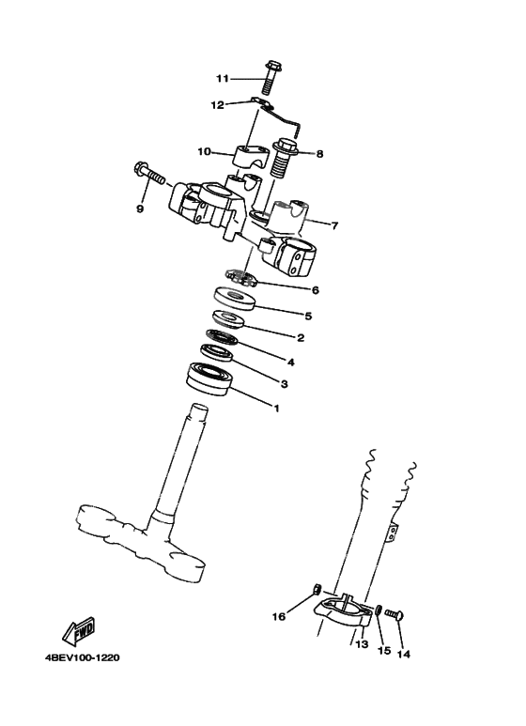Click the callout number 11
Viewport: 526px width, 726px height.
[x=222, y=78]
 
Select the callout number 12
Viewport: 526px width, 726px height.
[x=217, y=105]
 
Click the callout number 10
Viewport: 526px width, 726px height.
[x=204, y=151]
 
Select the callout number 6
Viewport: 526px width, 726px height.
[x=316, y=290]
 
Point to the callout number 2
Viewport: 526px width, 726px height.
[x=300, y=338]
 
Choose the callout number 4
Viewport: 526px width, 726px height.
[x=290, y=362]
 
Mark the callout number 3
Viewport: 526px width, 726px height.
[x=284, y=384]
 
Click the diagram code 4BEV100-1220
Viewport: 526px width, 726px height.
[x=81, y=656]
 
